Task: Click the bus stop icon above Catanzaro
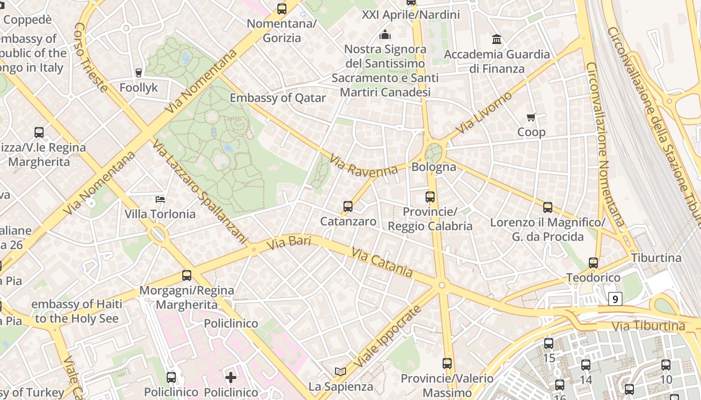pyautogui.click(x=347, y=206)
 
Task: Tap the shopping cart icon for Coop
pyautogui.click(x=531, y=117)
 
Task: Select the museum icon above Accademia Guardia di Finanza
pyautogui.click(x=497, y=39)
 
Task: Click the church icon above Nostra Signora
pyautogui.click(x=385, y=34)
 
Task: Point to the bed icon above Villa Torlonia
pyautogui.click(x=160, y=199)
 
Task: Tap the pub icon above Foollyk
pyautogui.click(x=139, y=73)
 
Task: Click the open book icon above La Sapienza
pyautogui.click(x=340, y=371)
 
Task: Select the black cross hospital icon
pyautogui.click(x=231, y=377)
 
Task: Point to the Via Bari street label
pyautogui.click(x=289, y=243)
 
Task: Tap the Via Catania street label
pyautogui.click(x=382, y=262)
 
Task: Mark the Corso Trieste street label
pyautogui.click(x=91, y=57)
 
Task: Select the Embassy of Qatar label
pyautogui.click(x=277, y=98)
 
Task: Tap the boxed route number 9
pyautogui.click(x=615, y=299)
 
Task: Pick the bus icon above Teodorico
pyautogui.click(x=593, y=262)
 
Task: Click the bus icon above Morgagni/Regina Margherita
pyautogui.click(x=187, y=275)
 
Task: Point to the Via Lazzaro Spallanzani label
pyautogui.click(x=200, y=192)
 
